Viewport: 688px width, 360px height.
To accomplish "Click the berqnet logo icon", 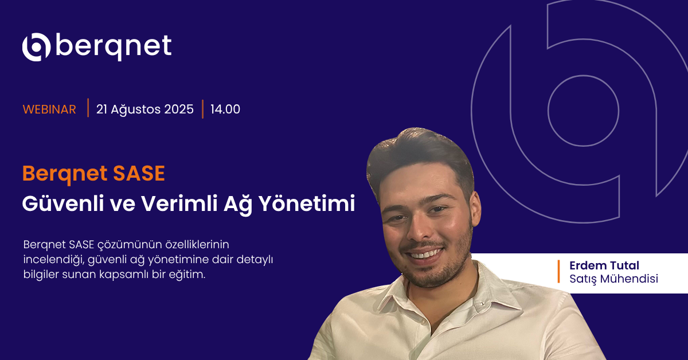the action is click(36, 46).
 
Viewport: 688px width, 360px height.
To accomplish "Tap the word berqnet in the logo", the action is click(114, 48).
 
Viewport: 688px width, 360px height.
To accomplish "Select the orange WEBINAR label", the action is click(49, 109).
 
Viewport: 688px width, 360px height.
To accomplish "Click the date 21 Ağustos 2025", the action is click(145, 109).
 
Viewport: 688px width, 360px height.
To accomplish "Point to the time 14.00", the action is click(225, 109).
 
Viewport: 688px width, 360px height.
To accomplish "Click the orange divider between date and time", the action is click(203, 109).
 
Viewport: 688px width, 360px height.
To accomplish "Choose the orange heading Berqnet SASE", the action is click(93, 174).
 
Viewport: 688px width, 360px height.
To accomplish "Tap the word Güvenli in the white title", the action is click(63, 204).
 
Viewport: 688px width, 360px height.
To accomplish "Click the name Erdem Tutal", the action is click(604, 265).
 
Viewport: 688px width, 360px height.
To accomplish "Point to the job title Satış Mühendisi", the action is click(613, 279).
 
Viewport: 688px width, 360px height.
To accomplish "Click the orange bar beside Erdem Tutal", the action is click(558, 272).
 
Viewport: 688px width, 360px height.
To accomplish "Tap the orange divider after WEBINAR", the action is click(88, 108).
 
